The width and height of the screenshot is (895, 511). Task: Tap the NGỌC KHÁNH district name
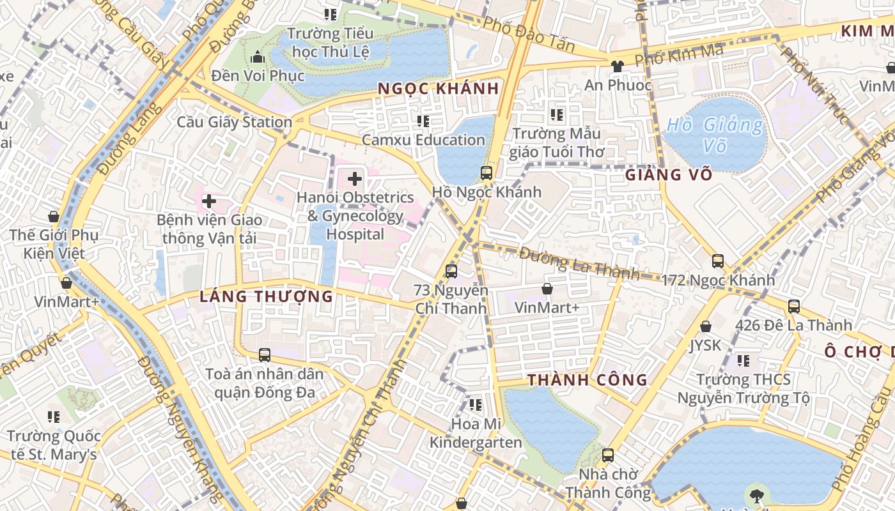[x=438, y=89]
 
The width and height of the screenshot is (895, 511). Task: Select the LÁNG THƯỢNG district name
[x=267, y=296]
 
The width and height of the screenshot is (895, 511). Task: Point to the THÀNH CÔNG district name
[x=588, y=380]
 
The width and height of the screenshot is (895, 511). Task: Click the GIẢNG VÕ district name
[x=669, y=175]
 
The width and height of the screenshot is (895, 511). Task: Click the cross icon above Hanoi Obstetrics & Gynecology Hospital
[x=355, y=179]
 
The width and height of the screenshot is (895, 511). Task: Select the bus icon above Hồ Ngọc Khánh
[x=486, y=172]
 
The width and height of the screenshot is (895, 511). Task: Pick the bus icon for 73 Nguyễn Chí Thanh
[x=451, y=271]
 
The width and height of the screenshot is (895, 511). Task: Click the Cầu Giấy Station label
[x=235, y=122]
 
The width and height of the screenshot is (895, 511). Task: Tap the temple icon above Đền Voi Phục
[x=258, y=57]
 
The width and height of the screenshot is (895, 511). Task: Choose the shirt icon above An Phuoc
[x=617, y=66]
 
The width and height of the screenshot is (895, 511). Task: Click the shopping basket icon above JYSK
[x=706, y=326]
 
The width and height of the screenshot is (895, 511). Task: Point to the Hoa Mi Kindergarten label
[x=476, y=432]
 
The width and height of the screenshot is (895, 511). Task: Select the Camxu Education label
[x=423, y=139]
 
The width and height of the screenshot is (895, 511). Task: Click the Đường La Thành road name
[x=579, y=263]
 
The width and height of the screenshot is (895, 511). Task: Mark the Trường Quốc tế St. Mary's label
[x=54, y=445]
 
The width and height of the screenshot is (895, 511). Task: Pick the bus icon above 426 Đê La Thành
[x=794, y=306]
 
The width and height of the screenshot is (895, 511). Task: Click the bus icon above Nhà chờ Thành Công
[x=608, y=455]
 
